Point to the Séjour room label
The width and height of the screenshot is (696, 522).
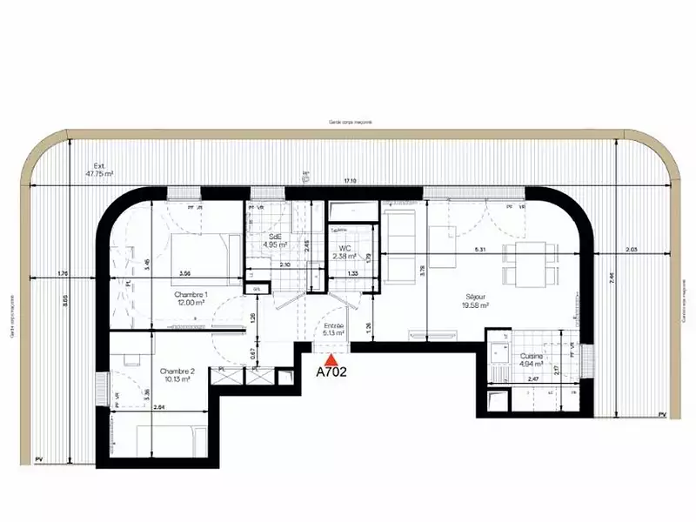(476, 300)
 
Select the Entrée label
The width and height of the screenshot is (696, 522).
(333, 328)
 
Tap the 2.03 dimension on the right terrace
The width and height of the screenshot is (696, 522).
(631, 250)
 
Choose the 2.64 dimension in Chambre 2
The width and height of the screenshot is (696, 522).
(158, 406)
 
